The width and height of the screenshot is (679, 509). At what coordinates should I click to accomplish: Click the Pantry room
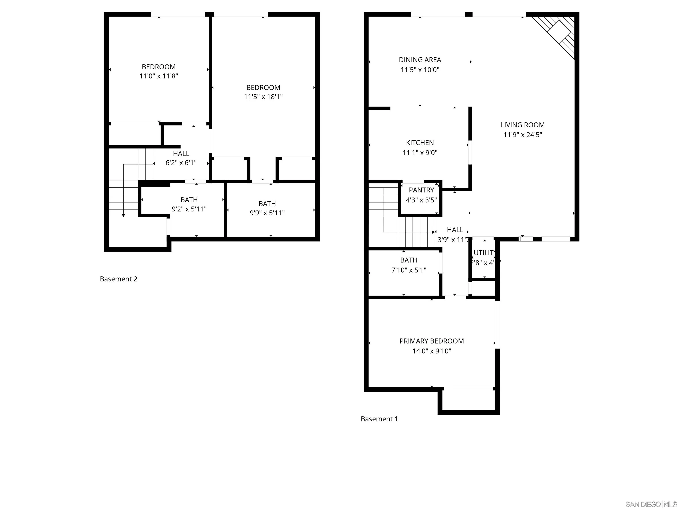point(421,195)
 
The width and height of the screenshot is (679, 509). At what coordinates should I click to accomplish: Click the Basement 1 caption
point(379,419)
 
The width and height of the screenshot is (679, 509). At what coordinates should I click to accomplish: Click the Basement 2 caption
point(118,279)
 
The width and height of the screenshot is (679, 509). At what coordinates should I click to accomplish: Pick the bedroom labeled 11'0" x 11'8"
point(158,71)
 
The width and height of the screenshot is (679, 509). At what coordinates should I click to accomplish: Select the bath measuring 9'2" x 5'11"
point(189,204)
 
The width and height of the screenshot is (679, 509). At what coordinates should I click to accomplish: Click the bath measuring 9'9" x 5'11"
point(267,208)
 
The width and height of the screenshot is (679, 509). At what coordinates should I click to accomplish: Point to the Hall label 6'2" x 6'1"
point(181,158)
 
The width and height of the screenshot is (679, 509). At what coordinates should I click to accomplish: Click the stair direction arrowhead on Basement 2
point(123,215)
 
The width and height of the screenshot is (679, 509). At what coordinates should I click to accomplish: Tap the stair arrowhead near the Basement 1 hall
point(433,232)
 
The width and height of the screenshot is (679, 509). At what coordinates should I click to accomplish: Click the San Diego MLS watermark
point(651,504)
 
